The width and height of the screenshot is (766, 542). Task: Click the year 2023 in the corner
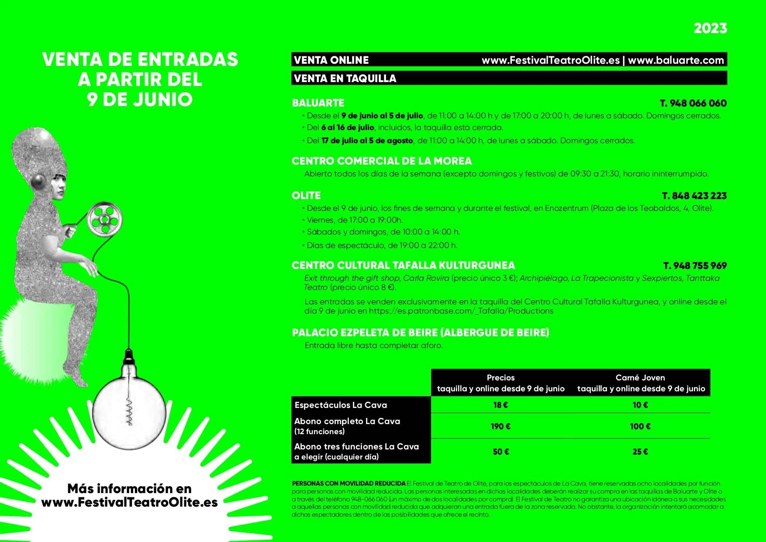[710, 28]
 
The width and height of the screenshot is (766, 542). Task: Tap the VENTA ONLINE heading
[331, 60]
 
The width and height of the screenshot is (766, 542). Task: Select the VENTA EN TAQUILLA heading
[345, 79]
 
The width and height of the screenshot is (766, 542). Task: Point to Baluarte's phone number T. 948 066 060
[693, 104]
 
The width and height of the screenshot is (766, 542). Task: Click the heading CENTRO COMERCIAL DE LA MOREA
[382, 161]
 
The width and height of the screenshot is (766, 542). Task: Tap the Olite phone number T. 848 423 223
[694, 196]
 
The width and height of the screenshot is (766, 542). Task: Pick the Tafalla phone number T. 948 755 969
[695, 266]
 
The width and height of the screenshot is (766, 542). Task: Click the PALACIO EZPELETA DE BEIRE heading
[420, 333]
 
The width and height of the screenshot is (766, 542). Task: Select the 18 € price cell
[500, 405]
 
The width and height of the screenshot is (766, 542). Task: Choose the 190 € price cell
[500, 426]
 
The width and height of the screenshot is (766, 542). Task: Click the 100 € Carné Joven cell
[640, 426]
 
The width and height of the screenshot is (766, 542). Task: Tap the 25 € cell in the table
[640, 452]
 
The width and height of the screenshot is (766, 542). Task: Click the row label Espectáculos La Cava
[341, 405]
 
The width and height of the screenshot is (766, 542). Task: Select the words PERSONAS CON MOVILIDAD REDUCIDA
[348, 483]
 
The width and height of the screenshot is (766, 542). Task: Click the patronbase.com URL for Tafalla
[461, 311]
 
